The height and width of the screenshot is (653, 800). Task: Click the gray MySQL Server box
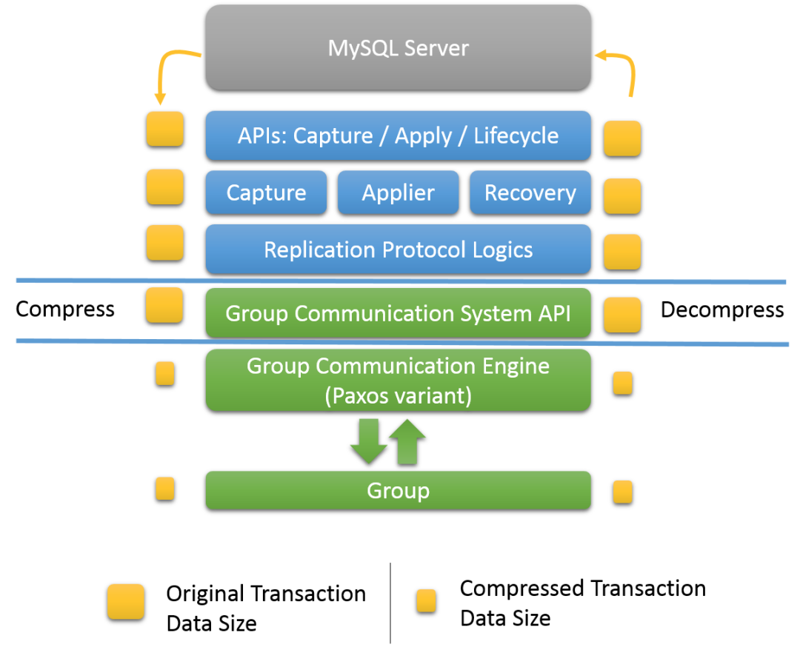point(398,48)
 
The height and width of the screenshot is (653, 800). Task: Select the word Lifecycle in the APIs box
point(516,136)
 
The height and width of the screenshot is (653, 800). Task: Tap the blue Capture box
point(266,192)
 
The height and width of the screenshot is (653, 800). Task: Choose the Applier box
point(398,192)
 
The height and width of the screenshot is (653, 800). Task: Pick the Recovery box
point(530,192)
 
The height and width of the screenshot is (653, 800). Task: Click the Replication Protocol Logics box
point(398,250)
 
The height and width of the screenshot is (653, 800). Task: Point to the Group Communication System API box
point(398,313)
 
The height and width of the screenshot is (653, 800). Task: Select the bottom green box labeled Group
point(398,490)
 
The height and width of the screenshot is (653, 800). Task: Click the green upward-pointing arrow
point(407,441)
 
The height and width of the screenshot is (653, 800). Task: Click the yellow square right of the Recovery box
point(622,195)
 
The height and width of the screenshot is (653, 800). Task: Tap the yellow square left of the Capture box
point(165,187)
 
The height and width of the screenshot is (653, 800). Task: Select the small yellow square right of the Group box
point(623,492)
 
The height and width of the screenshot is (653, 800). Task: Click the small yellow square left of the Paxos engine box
point(165,373)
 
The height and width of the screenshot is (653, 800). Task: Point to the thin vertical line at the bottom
point(390,603)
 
